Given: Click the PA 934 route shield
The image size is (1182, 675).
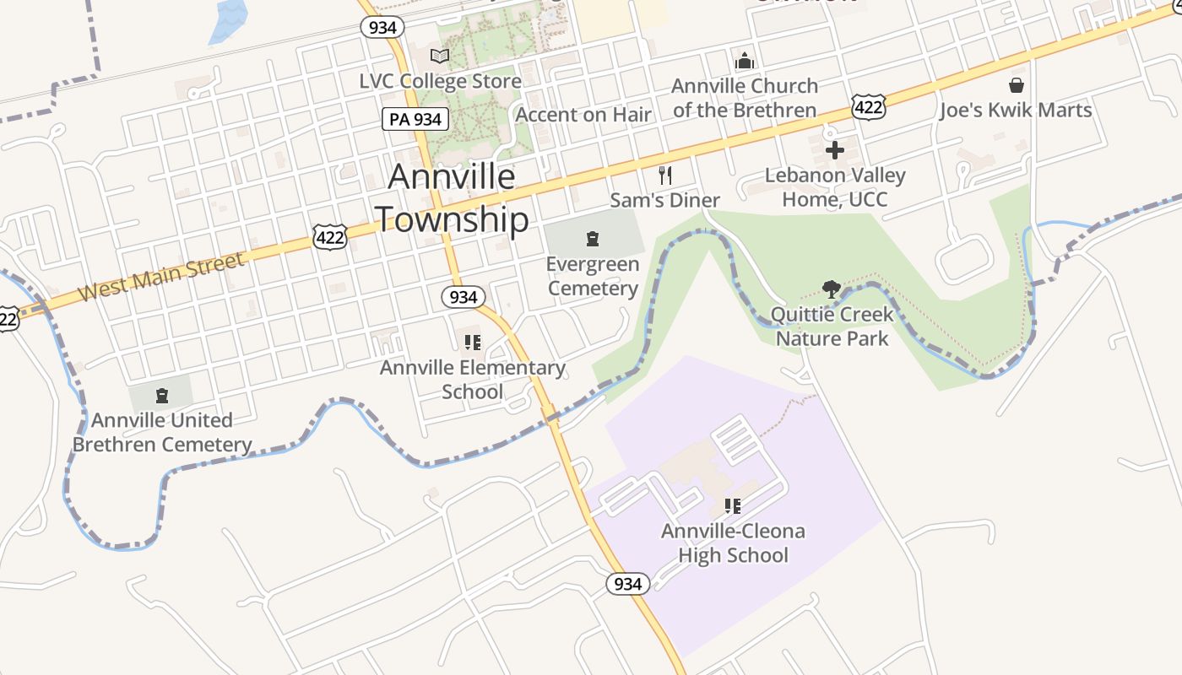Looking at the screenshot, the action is (x=415, y=119).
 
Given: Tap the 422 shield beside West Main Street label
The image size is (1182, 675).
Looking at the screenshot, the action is (x=329, y=237).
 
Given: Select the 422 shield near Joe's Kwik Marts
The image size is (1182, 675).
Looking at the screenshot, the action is (x=868, y=106).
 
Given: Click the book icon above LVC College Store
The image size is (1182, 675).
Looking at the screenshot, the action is (x=440, y=57).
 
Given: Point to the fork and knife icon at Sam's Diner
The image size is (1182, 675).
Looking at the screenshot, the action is (x=665, y=175).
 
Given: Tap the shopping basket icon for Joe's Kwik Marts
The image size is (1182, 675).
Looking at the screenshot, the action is (x=1017, y=85).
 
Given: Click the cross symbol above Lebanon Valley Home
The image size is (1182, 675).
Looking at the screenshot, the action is (x=835, y=151).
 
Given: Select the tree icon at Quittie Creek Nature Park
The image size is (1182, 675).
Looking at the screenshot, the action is (x=832, y=289).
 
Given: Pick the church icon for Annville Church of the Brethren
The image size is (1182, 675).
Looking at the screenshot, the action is (x=745, y=61).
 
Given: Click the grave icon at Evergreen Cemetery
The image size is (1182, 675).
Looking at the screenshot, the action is (x=593, y=239).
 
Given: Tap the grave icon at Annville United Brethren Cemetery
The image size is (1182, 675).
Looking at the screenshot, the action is (x=162, y=395).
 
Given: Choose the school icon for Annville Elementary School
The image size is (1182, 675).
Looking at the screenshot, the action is (x=473, y=343).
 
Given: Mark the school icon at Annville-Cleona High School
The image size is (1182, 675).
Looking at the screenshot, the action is (x=733, y=506).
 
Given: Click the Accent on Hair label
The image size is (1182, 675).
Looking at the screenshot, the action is (x=583, y=115).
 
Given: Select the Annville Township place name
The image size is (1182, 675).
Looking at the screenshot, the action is (x=452, y=198).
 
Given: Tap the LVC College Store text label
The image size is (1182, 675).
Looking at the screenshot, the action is (x=440, y=82).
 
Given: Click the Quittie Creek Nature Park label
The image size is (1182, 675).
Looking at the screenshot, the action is (x=832, y=327).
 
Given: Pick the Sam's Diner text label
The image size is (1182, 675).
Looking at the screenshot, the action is (x=665, y=200).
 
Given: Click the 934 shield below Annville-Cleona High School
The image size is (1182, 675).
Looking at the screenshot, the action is (x=628, y=584).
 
